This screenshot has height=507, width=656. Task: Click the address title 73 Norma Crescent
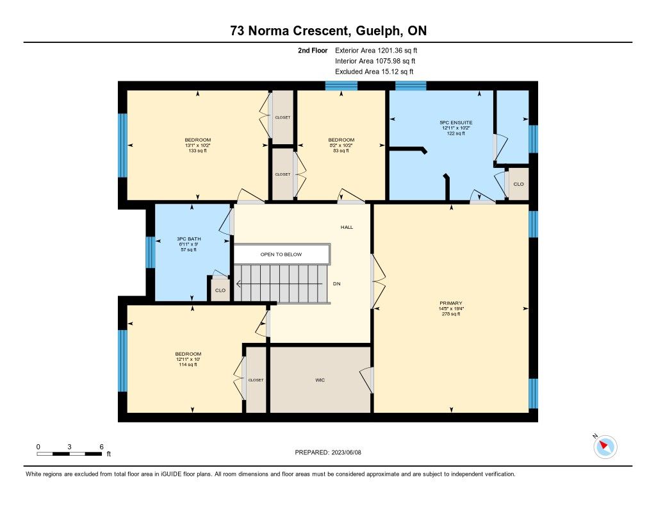[289, 31]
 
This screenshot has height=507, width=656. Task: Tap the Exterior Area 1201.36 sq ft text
[376, 50]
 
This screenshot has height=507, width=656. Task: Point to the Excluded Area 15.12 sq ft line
[374, 72]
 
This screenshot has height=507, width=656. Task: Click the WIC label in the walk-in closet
[320, 380]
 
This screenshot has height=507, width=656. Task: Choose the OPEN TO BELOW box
[281, 254]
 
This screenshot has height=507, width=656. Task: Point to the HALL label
[347, 228]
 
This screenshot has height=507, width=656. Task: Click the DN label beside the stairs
[337, 284]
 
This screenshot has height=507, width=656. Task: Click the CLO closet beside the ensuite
[518, 184]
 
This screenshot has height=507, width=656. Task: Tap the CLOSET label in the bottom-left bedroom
[256, 380]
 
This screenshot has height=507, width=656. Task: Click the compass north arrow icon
[605, 447]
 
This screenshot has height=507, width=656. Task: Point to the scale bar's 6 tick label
[101, 447]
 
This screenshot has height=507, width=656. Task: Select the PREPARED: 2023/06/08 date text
[328, 452]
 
